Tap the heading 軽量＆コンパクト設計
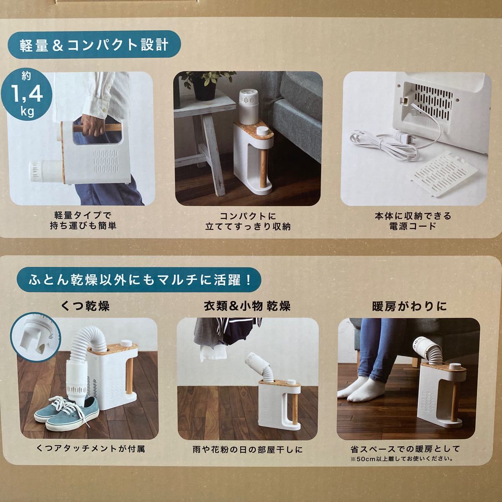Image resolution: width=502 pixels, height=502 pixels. [x=94, y=45]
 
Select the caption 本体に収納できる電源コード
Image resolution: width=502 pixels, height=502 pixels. [x=412, y=221]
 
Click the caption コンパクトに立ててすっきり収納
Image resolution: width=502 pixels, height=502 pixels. [x=248, y=221]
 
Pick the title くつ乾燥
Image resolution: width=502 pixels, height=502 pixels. [x=85, y=306]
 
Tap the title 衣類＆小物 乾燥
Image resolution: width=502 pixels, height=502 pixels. [x=247, y=306]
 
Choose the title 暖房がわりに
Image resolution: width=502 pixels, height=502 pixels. [x=409, y=307]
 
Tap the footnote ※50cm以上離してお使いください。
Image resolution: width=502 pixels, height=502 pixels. [x=402, y=458]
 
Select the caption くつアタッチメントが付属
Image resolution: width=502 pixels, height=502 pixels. [x=91, y=448]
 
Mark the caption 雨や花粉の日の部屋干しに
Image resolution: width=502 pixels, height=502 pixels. [x=248, y=450]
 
